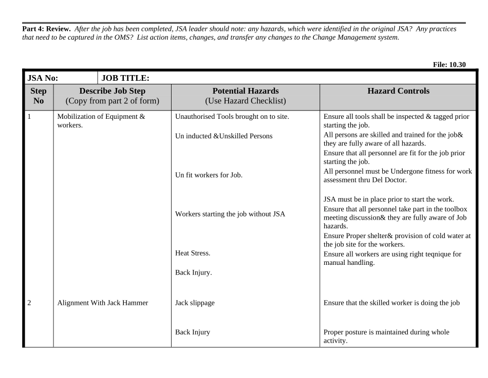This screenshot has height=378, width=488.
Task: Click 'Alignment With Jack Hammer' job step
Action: click(103, 303)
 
